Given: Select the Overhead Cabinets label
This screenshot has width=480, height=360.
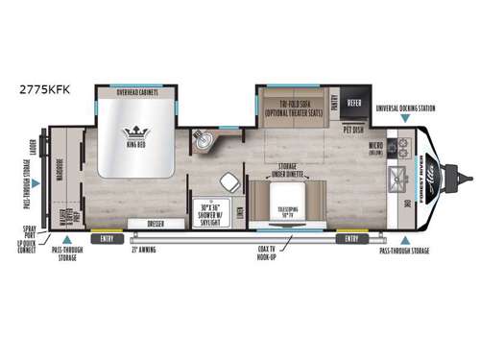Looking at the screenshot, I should (x=136, y=93).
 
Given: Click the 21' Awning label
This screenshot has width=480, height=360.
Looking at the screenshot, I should (x=144, y=249).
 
